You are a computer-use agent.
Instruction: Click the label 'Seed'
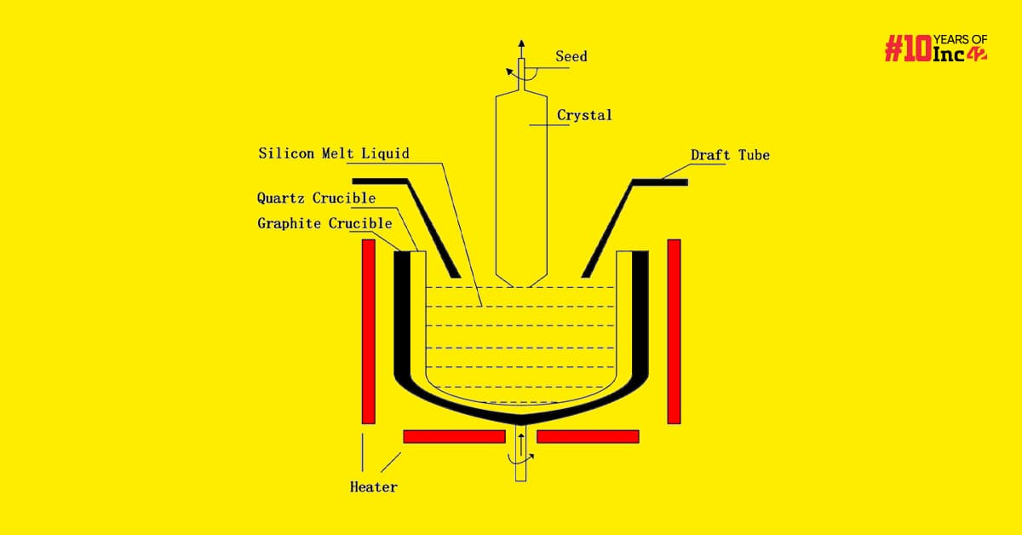coord(571,57)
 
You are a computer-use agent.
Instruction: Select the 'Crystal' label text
coord(584,115)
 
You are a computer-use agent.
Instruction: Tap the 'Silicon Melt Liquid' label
coord(334,154)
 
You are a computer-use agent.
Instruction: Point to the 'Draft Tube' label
coord(730,156)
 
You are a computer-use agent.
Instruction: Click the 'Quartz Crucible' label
coord(316,198)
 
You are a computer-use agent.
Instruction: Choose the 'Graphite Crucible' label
coord(324,224)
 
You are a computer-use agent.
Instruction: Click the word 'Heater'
coord(373,487)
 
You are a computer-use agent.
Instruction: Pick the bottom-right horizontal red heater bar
coord(589,436)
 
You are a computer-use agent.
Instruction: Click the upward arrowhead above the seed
coord(522,43)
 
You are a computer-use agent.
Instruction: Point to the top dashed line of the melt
coord(520,288)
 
